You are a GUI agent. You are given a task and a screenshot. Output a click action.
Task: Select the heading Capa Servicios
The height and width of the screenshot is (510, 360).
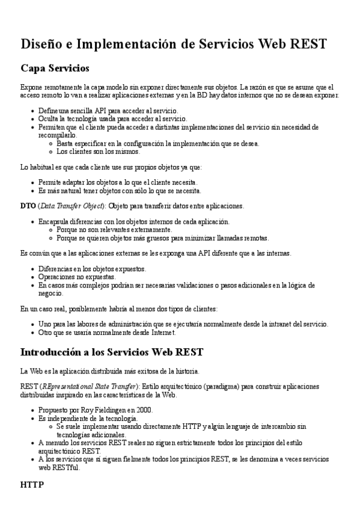55,68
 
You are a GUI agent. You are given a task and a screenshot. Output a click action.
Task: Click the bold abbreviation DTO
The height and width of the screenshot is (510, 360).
28,206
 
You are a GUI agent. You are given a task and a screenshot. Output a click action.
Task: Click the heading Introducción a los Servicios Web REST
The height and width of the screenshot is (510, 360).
112,351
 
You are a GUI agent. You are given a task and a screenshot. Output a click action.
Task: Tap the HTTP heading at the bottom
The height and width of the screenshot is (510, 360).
32,484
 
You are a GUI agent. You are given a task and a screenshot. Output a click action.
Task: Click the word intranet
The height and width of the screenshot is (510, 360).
268,324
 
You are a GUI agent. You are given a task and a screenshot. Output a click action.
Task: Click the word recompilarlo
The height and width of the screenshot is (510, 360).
57,135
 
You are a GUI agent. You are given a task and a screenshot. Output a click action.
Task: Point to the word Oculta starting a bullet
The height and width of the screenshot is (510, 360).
49,119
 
